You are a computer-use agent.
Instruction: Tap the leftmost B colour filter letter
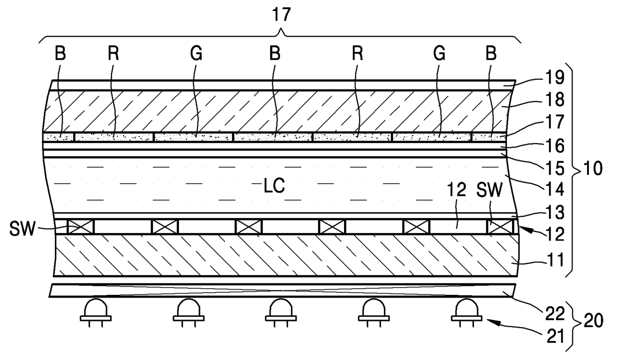(x=60, y=55)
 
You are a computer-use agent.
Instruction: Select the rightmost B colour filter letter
(x=491, y=55)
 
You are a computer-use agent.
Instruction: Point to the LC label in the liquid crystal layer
(x=274, y=186)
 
